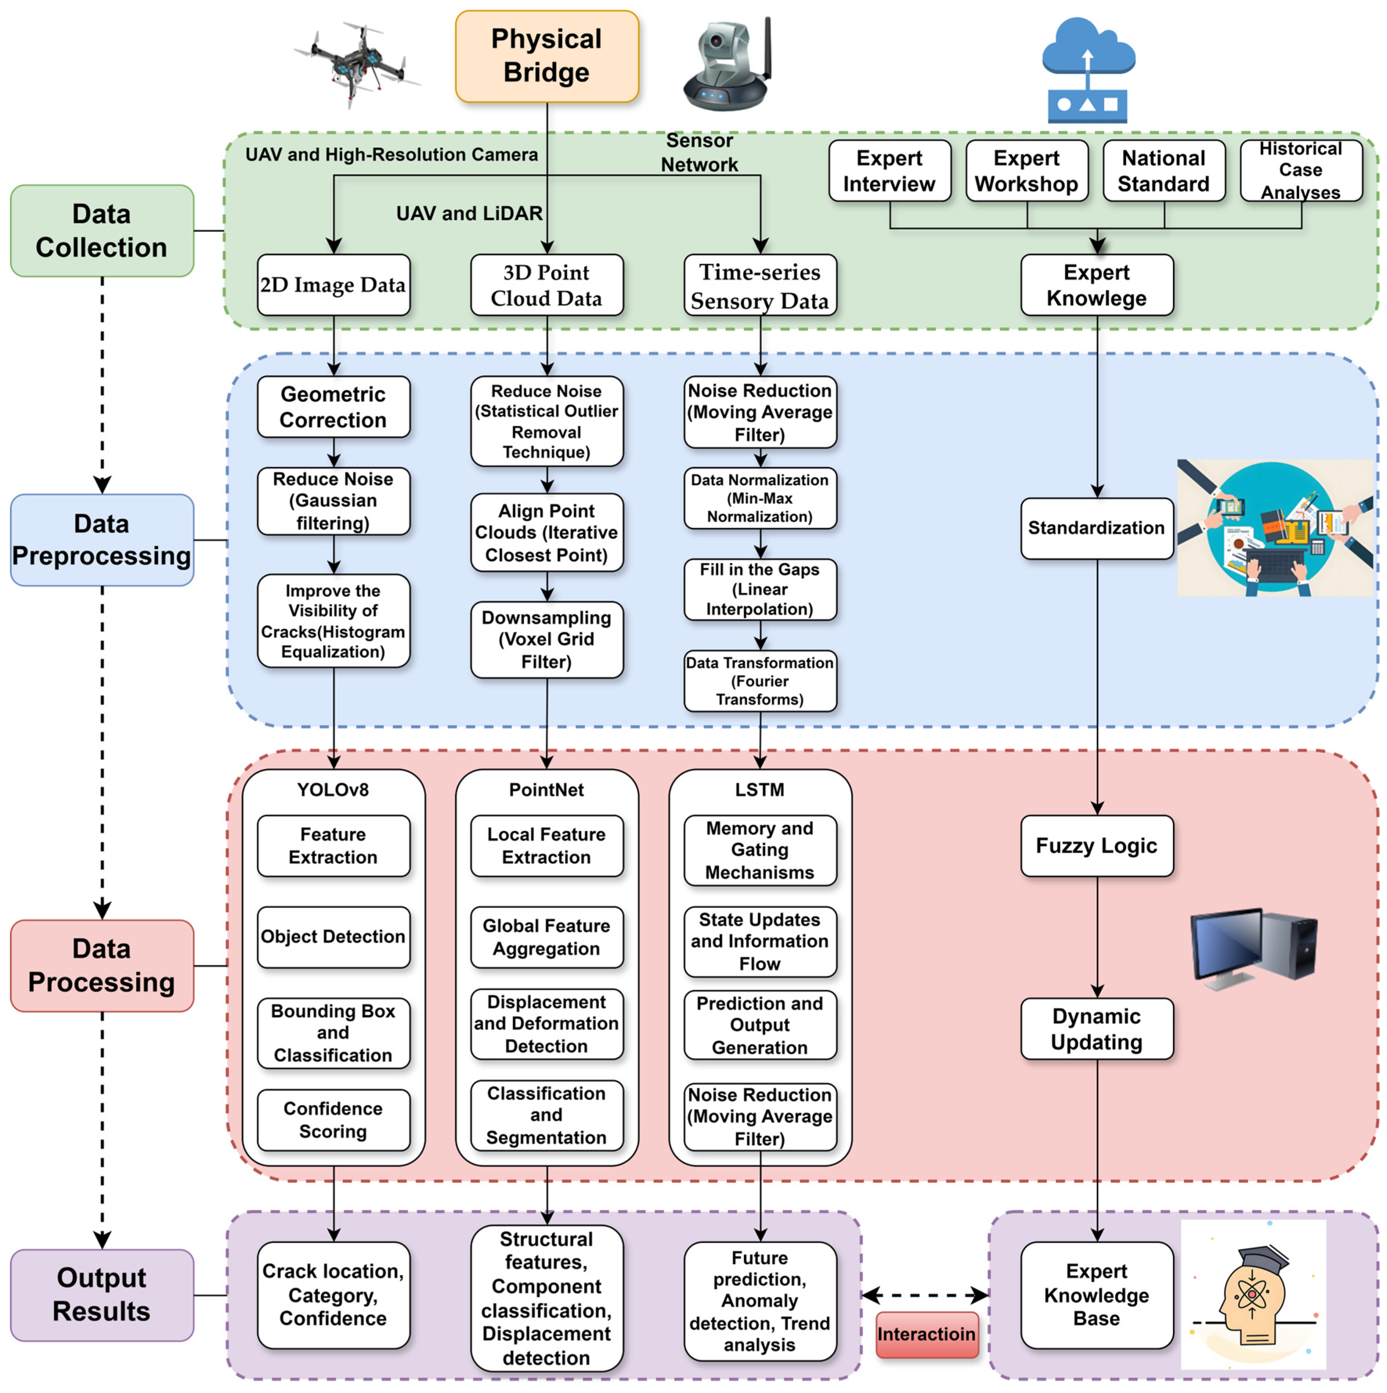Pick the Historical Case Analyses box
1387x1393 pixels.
[1300, 171]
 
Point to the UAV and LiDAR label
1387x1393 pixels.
[469, 213]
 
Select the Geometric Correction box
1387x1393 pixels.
[333, 407]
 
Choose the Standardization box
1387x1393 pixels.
[1096, 528]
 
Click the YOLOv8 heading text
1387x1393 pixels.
[333, 789]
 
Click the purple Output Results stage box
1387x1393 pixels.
[102, 1294]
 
